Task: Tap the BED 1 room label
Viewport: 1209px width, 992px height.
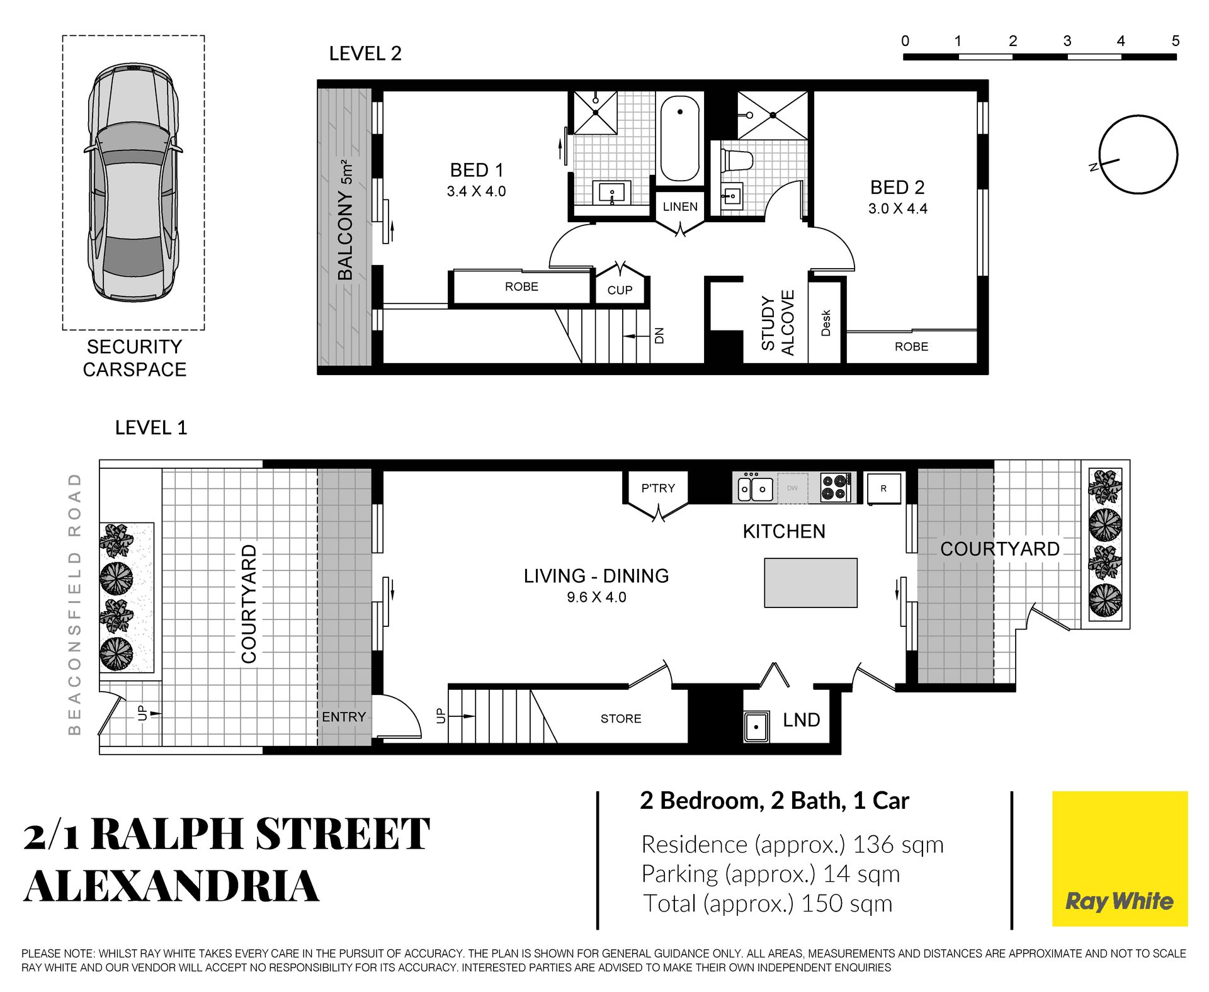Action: pyautogui.click(x=477, y=171)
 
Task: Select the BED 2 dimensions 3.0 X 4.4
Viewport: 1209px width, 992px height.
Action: pyautogui.click(x=897, y=209)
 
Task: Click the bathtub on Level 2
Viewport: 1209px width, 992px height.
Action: pyautogui.click(x=680, y=139)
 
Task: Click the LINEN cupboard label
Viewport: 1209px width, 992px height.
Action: pyautogui.click(x=680, y=206)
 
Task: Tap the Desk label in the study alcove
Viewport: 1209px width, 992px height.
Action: pyautogui.click(x=826, y=323)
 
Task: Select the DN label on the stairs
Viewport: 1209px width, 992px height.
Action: pyautogui.click(x=659, y=336)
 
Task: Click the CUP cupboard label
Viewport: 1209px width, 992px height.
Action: pyautogui.click(x=620, y=290)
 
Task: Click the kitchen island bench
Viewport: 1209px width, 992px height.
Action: pyautogui.click(x=810, y=583)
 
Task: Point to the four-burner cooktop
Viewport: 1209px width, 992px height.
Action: pyautogui.click(x=835, y=488)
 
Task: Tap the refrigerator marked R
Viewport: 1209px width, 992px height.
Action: pyautogui.click(x=883, y=488)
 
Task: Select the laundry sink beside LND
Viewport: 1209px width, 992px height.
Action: pyautogui.click(x=756, y=727)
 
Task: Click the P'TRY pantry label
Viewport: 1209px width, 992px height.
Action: pyautogui.click(x=658, y=488)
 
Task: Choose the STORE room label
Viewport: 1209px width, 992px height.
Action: pyautogui.click(x=621, y=719)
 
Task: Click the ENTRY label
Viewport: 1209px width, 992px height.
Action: pyautogui.click(x=344, y=717)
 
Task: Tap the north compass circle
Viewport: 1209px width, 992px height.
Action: pyautogui.click(x=1138, y=154)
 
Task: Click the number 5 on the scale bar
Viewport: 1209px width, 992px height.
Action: pyautogui.click(x=1175, y=41)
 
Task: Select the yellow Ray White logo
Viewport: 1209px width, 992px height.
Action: pyautogui.click(x=1120, y=859)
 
